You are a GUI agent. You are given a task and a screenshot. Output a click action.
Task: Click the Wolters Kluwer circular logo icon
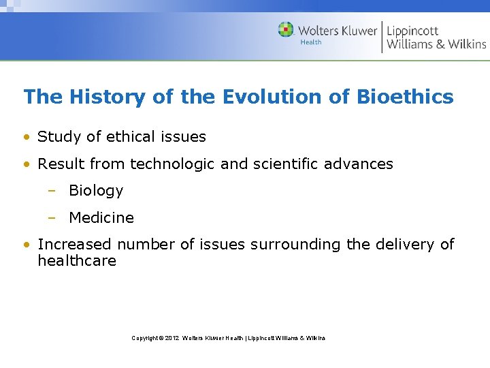[x=286, y=29]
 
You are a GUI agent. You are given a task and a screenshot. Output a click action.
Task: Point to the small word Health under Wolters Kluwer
[x=311, y=42]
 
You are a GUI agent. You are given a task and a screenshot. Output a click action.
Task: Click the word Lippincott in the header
[x=412, y=31]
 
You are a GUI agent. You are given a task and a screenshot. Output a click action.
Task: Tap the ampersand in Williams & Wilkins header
[x=437, y=44]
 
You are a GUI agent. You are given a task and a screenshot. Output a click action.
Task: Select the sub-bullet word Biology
[x=96, y=191]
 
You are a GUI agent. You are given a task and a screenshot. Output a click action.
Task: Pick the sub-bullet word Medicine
[x=101, y=218]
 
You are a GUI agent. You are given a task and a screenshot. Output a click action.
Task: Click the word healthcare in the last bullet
[x=77, y=261]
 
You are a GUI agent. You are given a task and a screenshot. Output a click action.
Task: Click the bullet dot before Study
[x=26, y=137]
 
